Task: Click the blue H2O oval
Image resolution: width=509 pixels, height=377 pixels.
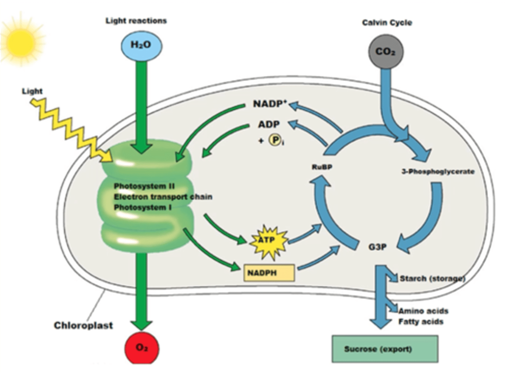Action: (141, 45)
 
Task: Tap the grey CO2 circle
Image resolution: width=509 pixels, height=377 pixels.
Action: (385, 52)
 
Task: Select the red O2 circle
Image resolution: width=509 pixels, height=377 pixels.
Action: (142, 348)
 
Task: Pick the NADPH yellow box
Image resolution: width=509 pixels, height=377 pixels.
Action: (269, 273)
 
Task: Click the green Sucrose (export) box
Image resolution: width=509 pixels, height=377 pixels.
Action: (385, 349)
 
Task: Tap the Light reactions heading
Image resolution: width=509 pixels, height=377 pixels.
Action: (136, 21)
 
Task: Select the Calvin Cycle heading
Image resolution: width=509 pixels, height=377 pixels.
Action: (387, 23)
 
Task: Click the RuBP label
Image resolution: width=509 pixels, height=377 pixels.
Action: (322, 167)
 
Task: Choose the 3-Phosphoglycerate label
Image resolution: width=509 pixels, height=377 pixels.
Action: (438, 172)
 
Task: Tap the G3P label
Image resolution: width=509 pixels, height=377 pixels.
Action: (377, 247)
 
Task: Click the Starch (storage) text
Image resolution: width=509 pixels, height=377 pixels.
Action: (432, 279)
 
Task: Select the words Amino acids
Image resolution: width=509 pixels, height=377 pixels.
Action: (423, 311)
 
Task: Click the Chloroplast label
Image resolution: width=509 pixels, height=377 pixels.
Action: (83, 325)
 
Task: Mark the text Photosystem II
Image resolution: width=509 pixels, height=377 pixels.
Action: (144, 186)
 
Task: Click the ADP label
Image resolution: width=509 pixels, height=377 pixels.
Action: (269, 124)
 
